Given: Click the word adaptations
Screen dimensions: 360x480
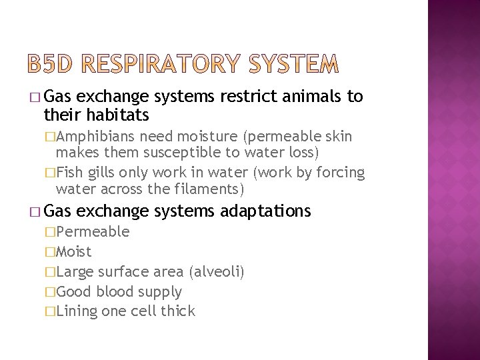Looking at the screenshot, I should [x=266, y=211].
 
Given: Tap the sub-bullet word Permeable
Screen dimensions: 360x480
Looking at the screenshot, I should [x=93, y=232].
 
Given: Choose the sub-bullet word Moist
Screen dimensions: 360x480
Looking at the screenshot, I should [x=74, y=252].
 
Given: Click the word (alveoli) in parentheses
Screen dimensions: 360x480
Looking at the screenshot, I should [x=217, y=271].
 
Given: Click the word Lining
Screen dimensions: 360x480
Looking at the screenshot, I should [x=77, y=311].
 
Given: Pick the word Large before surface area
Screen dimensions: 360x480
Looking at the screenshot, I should [x=75, y=271].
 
